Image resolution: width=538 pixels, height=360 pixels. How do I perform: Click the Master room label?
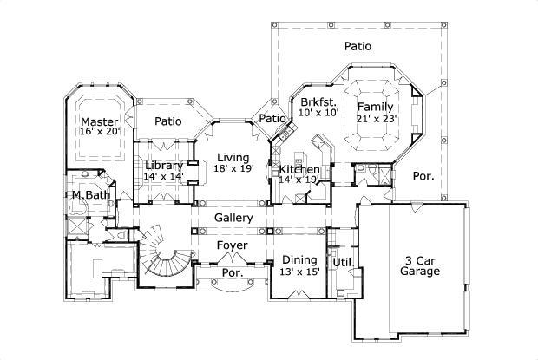(100, 121)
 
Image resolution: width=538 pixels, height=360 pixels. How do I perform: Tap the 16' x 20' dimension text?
(100, 133)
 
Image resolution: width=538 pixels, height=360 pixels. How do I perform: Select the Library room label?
(163, 165)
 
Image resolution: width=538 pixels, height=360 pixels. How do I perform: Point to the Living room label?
(233, 156)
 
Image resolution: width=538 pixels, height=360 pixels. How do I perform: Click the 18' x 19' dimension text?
(234, 169)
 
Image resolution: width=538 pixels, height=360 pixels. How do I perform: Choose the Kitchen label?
(299, 169)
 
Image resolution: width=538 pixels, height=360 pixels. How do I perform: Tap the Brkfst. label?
(318, 101)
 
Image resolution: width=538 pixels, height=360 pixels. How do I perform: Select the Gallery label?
(233, 218)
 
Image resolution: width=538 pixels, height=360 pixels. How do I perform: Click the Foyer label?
(233, 245)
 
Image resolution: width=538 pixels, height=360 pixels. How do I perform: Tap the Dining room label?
(299, 259)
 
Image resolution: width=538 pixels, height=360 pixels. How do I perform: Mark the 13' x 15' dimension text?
(299, 272)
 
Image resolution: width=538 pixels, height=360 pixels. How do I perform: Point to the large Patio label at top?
(358, 45)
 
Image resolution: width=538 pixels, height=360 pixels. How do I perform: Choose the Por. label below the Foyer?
(233, 272)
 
